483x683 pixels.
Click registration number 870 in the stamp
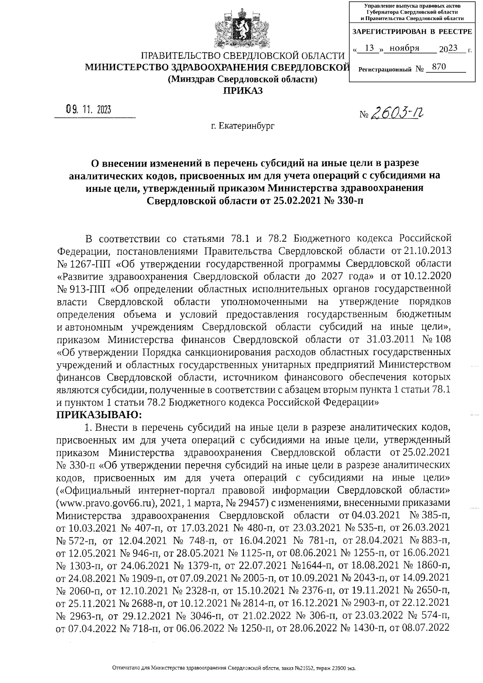tap(438, 68)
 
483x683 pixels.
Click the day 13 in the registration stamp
tap(367, 48)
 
